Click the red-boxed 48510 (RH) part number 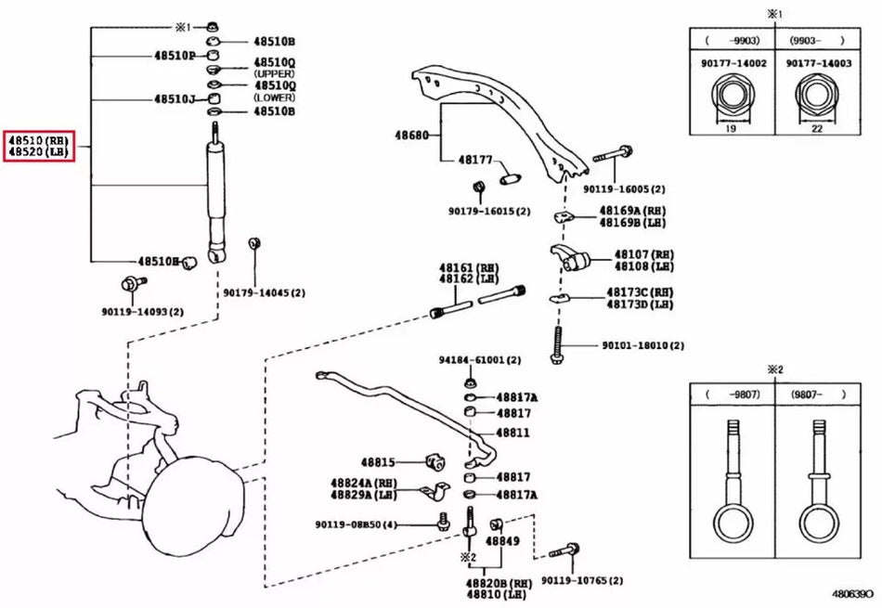[x=38, y=139]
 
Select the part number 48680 [x=410, y=136]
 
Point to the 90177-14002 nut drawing [x=729, y=98]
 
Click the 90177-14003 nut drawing [x=816, y=98]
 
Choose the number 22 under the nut [x=816, y=129]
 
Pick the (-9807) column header [x=732, y=394]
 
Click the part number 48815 [x=378, y=461]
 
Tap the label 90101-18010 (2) [x=642, y=345]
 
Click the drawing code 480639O [x=851, y=592]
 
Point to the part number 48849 [x=503, y=540]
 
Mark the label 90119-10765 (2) [x=581, y=580]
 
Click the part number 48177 [x=474, y=161]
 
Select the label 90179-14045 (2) [x=264, y=292]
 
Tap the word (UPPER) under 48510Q [x=273, y=72]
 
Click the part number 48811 [x=513, y=433]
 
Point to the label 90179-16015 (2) [x=489, y=211]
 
